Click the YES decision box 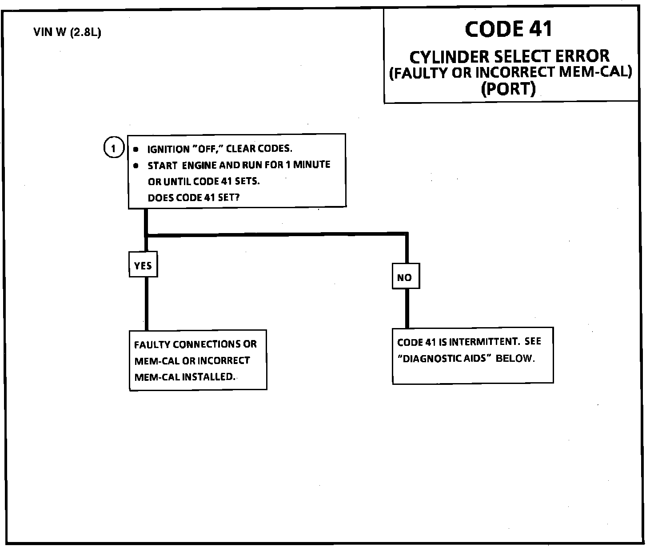(143, 265)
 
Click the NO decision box (405, 277)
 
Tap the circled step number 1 (113, 148)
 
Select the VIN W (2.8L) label (67, 32)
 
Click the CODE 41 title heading (509, 29)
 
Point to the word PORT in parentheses (509, 89)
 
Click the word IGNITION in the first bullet (168, 149)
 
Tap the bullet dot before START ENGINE (136, 166)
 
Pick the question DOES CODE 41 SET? (193, 198)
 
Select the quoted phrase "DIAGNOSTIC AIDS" (443, 359)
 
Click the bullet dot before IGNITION (136, 150)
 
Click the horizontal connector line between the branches (275, 234)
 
